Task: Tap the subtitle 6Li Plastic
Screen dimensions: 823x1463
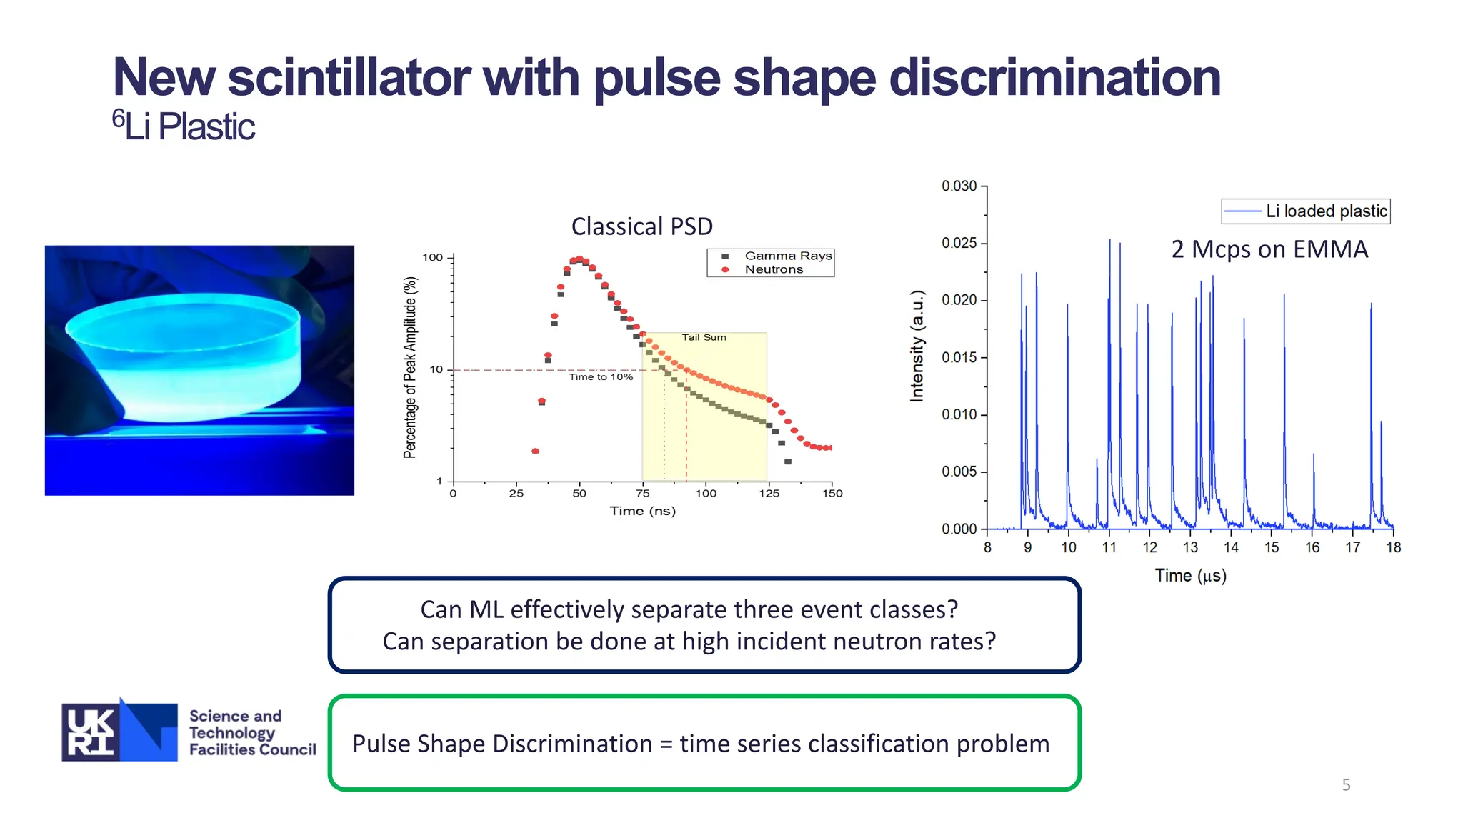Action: [x=184, y=126]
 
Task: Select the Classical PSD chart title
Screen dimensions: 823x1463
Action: [x=641, y=226]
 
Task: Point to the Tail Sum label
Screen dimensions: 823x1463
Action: [x=704, y=337]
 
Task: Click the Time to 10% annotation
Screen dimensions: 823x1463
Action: [x=600, y=376]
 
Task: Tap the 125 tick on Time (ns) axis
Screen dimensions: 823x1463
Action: [x=769, y=493]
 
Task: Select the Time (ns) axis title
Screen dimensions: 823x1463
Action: [x=642, y=511]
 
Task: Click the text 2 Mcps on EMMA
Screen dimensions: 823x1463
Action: [x=1269, y=249]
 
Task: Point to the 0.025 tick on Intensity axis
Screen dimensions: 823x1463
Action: [x=959, y=243]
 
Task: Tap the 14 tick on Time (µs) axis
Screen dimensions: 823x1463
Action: [x=1231, y=547]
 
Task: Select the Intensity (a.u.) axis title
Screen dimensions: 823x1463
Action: [x=917, y=346]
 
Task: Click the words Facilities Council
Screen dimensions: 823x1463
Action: [x=252, y=749]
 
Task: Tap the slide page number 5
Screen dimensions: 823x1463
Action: [x=1346, y=785]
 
